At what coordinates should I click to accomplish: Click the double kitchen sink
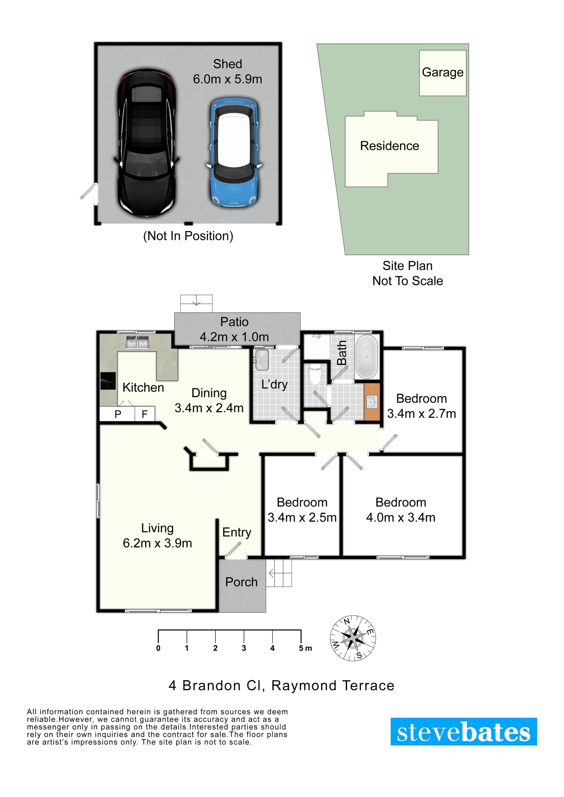[x=137, y=342]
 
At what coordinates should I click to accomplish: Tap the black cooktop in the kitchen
[x=108, y=381]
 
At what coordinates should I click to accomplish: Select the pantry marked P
[x=117, y=414]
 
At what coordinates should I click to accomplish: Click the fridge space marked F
[x=145, y=414]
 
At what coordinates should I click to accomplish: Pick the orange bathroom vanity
[x=372, y=402]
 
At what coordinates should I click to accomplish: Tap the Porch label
[x=241, y=582]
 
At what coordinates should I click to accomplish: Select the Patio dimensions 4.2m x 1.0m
[x=234, y=337]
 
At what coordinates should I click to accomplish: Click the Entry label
[x=236, y=533]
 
